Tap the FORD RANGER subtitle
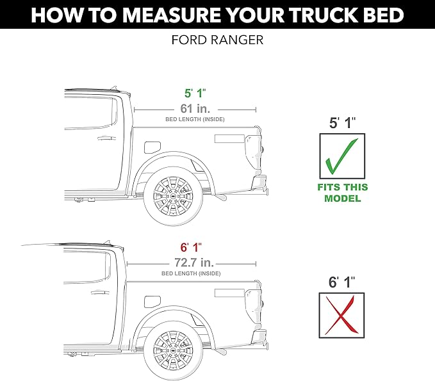pyautogui.click(x=217, y=40)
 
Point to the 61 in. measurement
pyautogui.click(x=195, y=109)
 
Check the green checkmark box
pyautogui.click(x=341, y=156)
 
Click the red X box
pyautogui.click(x=341, y=314)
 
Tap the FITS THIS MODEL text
pyautogui.click(x=342, y=193)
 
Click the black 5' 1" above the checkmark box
pyautogui.click(x=341, y=124)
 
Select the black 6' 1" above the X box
pyautogui.click(x=341, y=282)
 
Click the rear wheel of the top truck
pyautogui.click(x=172, y=194)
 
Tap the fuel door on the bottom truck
pyautogui.click(x=152, y=301)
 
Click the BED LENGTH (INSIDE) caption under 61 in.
pyautogui.click(x=195, y=120)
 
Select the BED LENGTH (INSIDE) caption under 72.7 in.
pyautogui.click(x=191, y=273)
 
